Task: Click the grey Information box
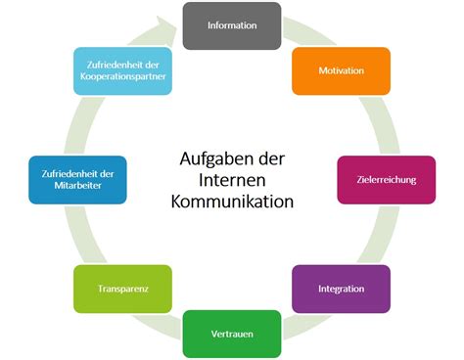tap(232, 26)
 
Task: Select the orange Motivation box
tap(342, 71)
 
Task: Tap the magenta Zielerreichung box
tap(386, 181)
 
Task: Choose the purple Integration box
tap(342, 290)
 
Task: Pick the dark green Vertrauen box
tap(232, 334)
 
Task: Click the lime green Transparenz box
tap(122, 290)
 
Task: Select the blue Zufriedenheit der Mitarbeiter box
tap(78, 181)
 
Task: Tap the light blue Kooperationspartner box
tap(122, 71)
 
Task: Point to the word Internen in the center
tap(232, 180)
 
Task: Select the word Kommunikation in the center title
tap(232, 202)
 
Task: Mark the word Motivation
tap(342, 71)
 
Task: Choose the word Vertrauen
tap(232, 334)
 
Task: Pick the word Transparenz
tap(122, 290)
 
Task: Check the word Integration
tap(342, 290)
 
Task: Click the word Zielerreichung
tap(386, 181)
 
